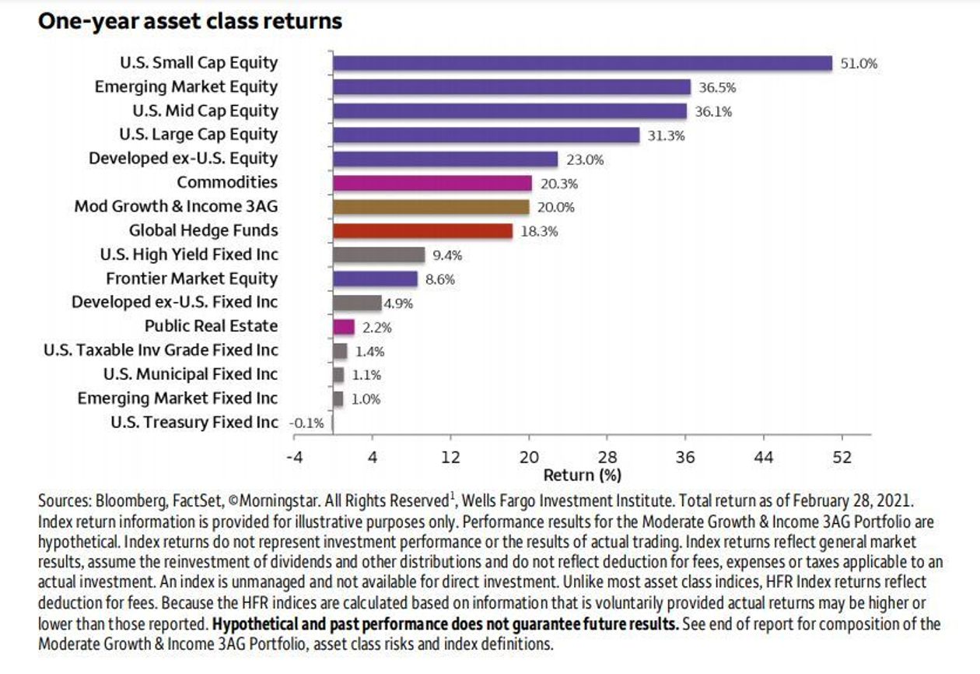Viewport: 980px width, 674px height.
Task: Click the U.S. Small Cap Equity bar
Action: (582, 63)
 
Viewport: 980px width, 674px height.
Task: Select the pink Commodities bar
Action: (432, 183)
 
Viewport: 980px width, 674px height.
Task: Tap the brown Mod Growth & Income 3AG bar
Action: (430, 207)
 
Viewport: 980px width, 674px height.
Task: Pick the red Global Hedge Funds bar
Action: (422, 231)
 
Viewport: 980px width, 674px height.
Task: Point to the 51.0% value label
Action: (859, 64)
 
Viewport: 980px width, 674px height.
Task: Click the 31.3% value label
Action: (666, 135)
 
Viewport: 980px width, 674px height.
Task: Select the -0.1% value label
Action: (305, 423)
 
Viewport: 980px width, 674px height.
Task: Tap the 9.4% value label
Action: (447, 255)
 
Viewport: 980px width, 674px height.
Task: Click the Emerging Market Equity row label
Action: (186, 86)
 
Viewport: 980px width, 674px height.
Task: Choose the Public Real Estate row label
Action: (211, 326)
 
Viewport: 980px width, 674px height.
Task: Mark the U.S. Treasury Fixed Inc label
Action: (194, 423)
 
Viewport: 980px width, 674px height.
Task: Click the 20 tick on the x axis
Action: (529, 457)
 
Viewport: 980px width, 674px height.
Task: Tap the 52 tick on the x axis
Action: (842, 457)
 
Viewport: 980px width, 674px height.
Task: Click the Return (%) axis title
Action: (582, 474)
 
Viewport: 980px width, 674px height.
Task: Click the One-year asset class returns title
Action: (190, 21)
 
